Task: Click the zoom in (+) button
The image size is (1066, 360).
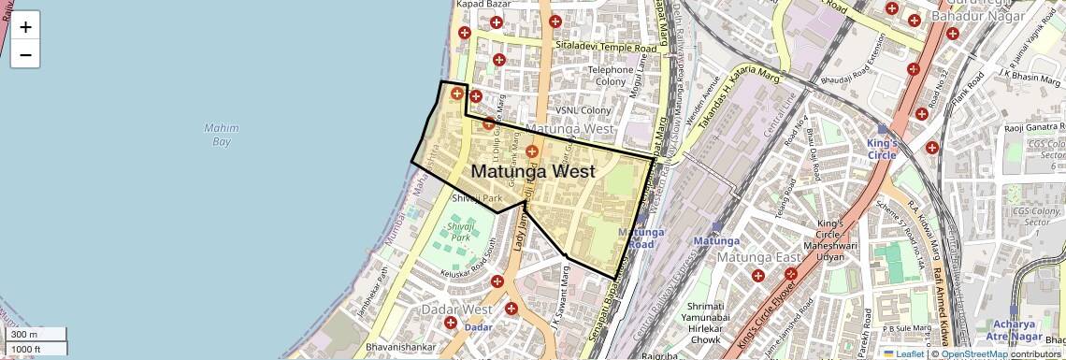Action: [x=25, y=26]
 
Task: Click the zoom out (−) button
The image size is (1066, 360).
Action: [x=25, y=54]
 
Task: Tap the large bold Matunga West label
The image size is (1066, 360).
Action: [x=532, y=171]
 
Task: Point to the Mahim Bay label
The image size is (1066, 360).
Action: [x=221, y=135]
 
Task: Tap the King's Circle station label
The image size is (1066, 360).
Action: [x=881, y=149]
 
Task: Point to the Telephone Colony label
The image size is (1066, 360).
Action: [x=611, y=76]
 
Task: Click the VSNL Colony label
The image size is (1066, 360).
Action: [x=583, y=109]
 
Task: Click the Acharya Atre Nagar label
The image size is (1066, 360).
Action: [x=1015, y=329]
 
